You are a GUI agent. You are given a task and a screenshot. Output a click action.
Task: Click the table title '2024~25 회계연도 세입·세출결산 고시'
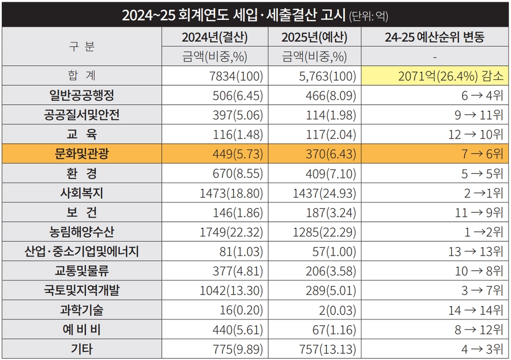coord(234,15)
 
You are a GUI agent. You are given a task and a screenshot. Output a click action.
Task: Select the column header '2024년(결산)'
coord(215,37)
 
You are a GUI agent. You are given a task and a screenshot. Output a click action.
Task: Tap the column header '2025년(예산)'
coord(314,37)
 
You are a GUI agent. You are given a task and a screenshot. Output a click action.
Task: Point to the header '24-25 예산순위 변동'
coord(435,37)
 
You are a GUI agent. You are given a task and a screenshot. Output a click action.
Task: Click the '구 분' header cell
coord(82,46)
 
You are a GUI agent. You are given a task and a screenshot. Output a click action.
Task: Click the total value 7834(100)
coord(236,76)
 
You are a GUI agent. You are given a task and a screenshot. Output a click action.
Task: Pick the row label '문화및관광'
coord(82,153)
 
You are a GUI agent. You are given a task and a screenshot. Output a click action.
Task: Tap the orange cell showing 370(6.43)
coord(331,154)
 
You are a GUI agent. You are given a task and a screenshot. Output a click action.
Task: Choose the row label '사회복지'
coord(82,192)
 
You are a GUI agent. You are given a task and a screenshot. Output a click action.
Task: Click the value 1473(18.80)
coord(232,193)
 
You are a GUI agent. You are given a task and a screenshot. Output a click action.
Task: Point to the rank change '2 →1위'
coord(484,193)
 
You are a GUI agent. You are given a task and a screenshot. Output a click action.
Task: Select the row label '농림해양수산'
coord(82,232)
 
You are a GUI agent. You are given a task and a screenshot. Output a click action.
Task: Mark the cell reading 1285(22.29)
coord(324,232)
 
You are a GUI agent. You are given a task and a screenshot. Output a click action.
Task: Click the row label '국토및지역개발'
coord(82,290)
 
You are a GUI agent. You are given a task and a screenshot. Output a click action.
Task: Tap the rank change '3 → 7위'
coord(483,290)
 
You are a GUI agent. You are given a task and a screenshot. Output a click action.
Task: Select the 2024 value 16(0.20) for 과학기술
coord(241,310)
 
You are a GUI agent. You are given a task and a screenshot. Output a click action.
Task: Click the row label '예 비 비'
coord(82,330)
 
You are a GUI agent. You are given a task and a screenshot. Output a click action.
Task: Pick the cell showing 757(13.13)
coord(327,349)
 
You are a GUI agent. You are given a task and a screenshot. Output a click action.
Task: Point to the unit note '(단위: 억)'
coord(369,16)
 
